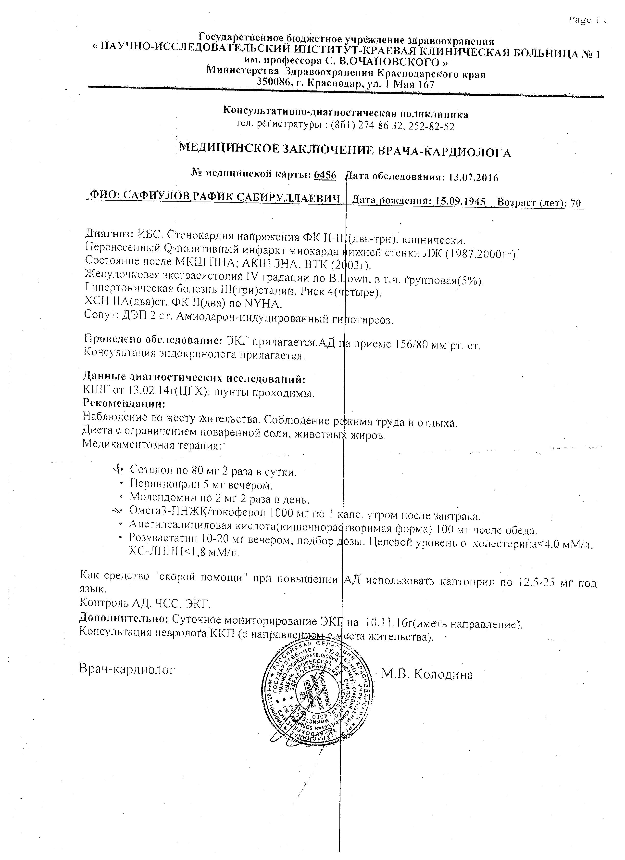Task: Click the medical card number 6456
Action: [x=325, y=175]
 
